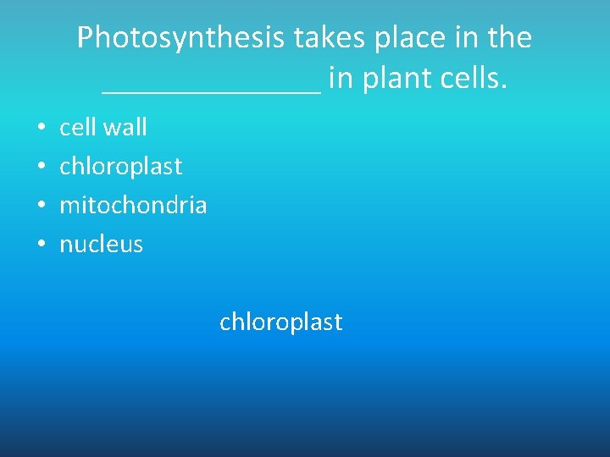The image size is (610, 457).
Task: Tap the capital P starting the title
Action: [85, 38]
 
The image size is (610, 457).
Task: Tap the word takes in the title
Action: [328, 38]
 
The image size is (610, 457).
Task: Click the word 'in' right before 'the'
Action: [464, 38]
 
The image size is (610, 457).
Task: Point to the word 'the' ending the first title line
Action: [509, 38]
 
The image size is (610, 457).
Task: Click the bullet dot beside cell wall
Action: [41, 128]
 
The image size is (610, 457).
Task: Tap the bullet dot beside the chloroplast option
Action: [41, 167]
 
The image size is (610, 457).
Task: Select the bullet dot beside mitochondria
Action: [41, 206]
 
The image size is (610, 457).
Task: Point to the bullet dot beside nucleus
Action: [41, 245]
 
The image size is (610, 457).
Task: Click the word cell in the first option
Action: [77, 127]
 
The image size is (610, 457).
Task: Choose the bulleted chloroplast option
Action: [120, 167]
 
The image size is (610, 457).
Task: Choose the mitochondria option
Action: [133, 206]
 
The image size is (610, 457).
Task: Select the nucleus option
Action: [101, 245]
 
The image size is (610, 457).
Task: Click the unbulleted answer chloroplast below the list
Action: [280, 322]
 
